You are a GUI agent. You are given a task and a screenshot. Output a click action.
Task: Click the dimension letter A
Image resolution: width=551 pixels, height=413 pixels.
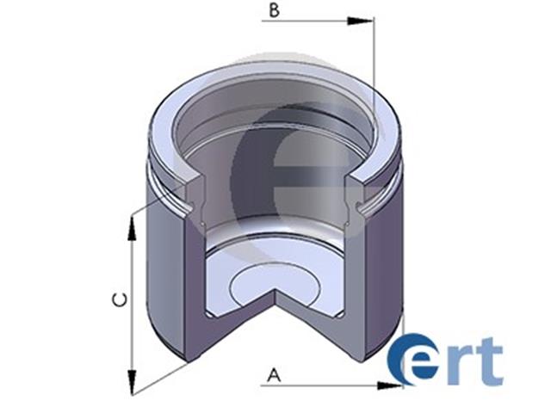click(274, 375)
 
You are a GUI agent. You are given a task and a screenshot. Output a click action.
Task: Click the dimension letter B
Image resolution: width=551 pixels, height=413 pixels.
click(274, 9)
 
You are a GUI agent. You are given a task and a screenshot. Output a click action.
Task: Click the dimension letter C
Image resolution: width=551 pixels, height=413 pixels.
click(120, 300)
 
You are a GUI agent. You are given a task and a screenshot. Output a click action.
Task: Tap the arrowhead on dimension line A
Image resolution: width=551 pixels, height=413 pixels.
click(389, 385)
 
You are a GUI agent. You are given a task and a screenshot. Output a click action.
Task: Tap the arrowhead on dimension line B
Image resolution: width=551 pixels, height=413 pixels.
click(360, 21)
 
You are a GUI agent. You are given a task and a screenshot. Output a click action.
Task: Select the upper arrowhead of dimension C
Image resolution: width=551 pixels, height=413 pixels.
click(132, 229)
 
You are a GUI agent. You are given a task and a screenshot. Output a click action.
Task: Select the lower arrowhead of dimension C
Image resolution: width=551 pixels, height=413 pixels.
click(132, 382)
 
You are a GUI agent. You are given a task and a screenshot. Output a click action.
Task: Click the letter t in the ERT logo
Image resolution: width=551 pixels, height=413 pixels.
click(488, 361)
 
